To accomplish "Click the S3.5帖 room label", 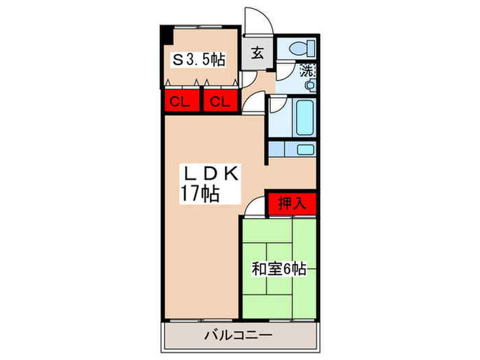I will pyautogui.click(x=198, y=60).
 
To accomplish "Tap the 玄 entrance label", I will pyautogui.click(x=258, y=52).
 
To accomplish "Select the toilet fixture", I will pyautogui.click(x=300, y=49).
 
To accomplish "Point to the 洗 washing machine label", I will pyautogui.click(x=309, y=69).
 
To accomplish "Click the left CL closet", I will pyautogui.click(x=180, y=103).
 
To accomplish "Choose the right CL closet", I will pyautogui.click(x=219, y=103).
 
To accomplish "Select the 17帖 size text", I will pyautogui.click(x=200, y=194).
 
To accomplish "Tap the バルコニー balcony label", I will pyautogui.click(x=239, y=335).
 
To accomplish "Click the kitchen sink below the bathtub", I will pyautogui.click(x=304, y=149).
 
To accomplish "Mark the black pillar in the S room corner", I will pyautogui.click(x=165, y=33).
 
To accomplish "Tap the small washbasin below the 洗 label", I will pyautogui.click(x=310, y=85).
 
